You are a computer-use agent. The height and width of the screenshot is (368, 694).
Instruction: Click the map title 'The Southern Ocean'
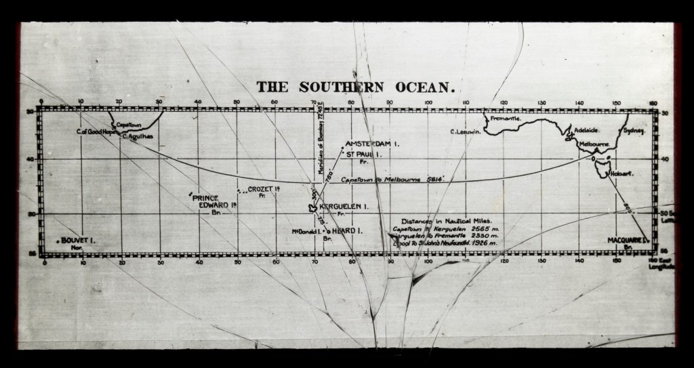(354, 87)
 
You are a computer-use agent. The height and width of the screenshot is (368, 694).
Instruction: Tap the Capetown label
(128, 125)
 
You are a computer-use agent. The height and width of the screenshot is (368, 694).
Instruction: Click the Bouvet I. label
(77, 241)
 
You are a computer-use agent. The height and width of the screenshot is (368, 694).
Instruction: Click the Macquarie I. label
(628, 241)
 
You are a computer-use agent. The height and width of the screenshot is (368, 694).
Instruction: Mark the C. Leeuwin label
(466, 132)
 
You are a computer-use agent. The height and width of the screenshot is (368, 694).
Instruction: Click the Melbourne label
(594, 145)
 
